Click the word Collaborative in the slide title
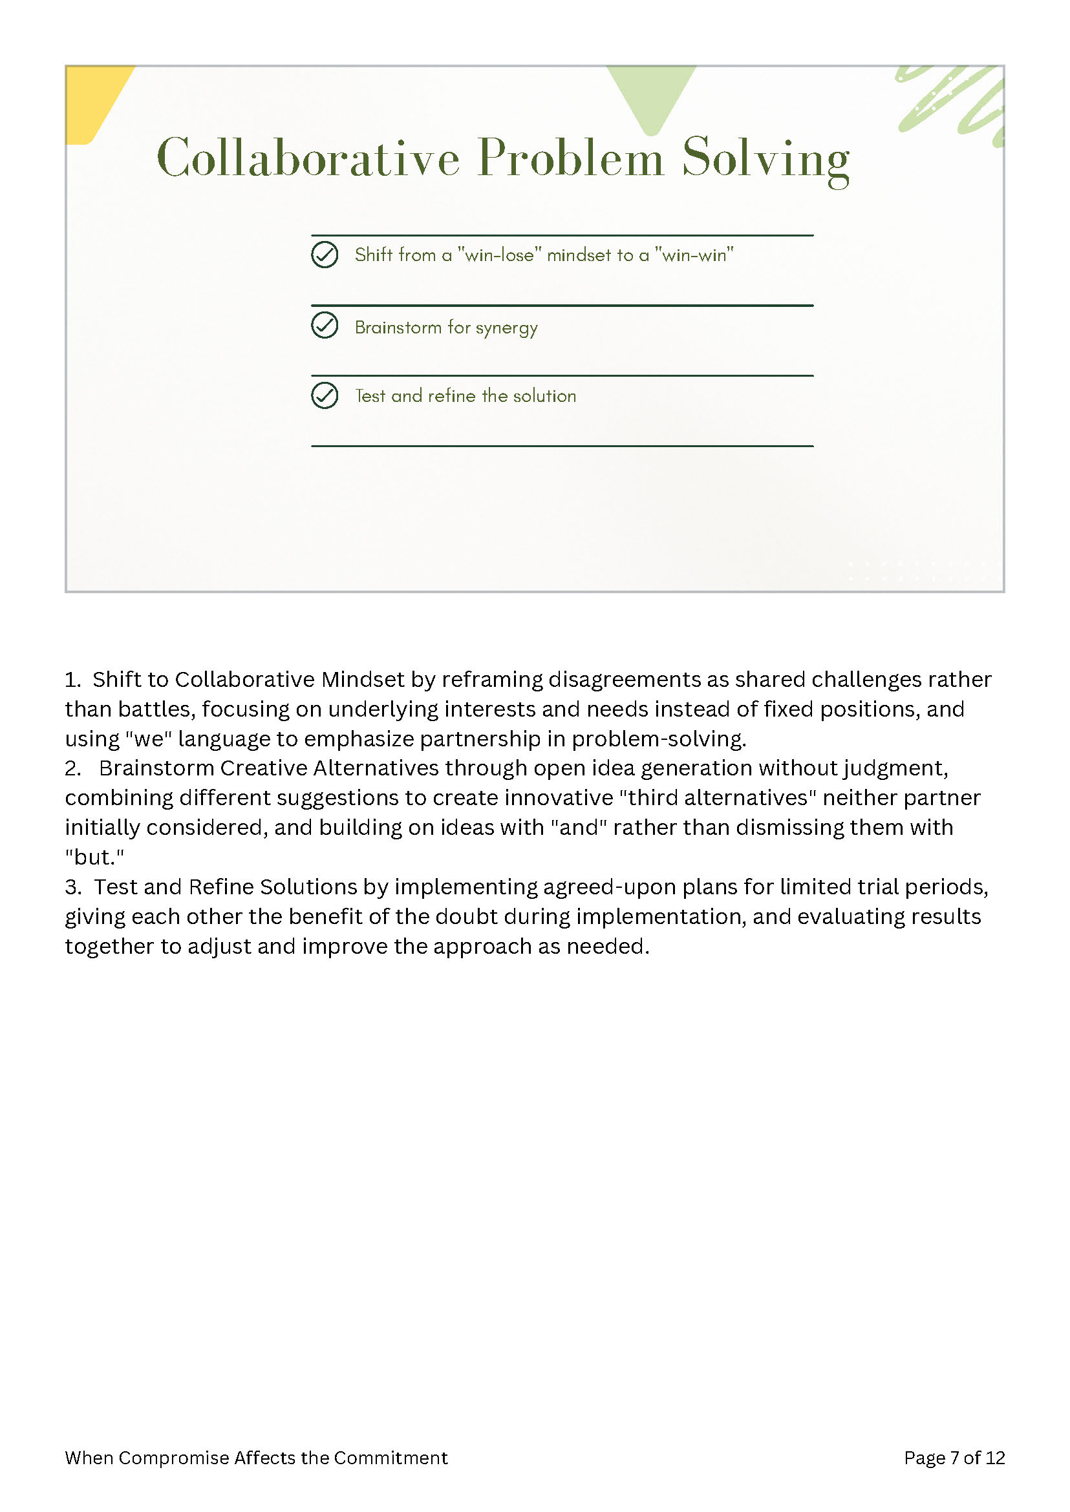(308, 158)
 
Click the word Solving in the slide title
(765, 158)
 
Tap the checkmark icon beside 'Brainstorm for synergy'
(325, 325)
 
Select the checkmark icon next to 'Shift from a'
(325, 255)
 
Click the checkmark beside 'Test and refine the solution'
(325, 396)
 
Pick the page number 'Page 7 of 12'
(954, 1458)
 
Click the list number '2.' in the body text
(72, 768)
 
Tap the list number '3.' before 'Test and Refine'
(72, 887)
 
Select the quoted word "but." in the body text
(94, 857)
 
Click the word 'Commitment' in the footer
(391, 1458)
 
